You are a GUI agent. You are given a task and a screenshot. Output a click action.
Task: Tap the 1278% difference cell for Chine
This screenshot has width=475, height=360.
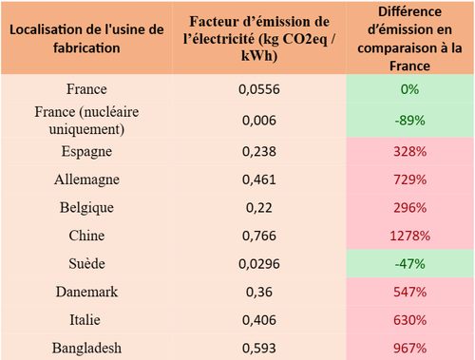click(x=410, y=236)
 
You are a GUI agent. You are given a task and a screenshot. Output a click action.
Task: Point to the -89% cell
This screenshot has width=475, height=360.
click(x=410, y=120)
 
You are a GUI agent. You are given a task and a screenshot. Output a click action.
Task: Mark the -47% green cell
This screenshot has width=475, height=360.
click(x=410, y=263)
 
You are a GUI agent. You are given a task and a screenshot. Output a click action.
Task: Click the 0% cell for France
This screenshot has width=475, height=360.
click(x=410, y=89)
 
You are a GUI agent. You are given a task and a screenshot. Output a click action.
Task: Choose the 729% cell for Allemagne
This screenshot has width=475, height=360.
click(x=410, y=179)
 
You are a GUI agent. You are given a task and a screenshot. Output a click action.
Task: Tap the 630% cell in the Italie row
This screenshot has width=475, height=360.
click(x=410, y=320)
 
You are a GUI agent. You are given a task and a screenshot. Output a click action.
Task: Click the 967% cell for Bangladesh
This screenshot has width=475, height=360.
click(x=410, y=348)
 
